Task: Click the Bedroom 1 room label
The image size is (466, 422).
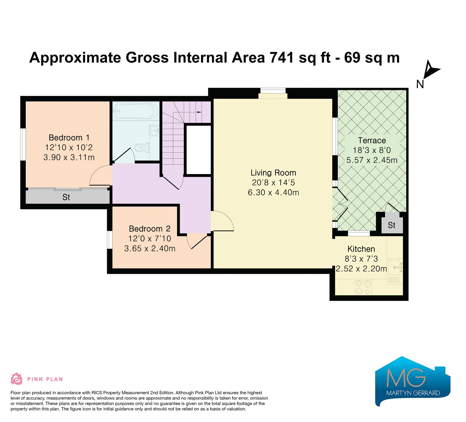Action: pyautogui.click(x=69, y=137)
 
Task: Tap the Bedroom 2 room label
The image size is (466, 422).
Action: pyautogui.click(x=150, y=228)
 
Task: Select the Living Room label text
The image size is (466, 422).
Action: pyautogui.click(x=273, y=173)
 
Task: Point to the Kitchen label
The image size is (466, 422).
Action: pyautogui.click(x=361, y=249)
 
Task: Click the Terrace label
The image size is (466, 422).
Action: pyautogui.click(x=372, y=140)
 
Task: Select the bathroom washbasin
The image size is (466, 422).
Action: pyautogui.click(x=154, y=130)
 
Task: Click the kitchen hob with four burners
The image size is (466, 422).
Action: pyautogui.click(x=363, y=287)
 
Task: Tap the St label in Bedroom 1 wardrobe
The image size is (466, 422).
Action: pyautogui.click(x=66, y=197)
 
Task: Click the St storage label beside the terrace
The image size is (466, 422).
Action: pyautogui.click(x=392, y=225)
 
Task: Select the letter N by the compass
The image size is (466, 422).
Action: pyautogui.click(x=420, y=84)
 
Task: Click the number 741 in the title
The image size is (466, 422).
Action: pyautogui.click(x=282, y=58)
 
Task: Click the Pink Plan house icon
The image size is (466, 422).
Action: pyautogui.click(x=17, y=379)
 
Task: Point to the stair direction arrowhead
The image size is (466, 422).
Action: pyautogui.click(x=199, y=112)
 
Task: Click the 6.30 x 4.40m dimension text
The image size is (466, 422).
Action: pyautogui.click(x=273, y=192)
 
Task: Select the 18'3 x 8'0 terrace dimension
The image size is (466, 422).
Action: pyautogui.click(x=372, y=150)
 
